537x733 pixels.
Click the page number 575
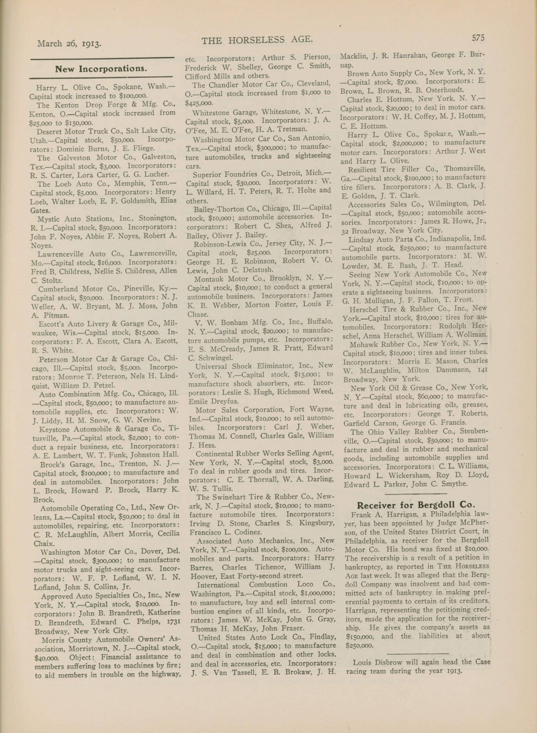[478, 38]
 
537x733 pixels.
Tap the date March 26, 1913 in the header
[69, 43]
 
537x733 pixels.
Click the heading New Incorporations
[101, 69]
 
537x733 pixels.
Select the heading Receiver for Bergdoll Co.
[416, 505]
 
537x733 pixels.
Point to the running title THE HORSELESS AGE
[257, 40]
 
